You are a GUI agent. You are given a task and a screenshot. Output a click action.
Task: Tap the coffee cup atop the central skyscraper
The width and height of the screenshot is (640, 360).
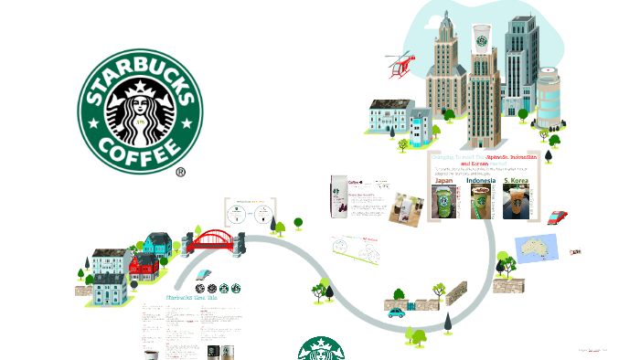[481, 39]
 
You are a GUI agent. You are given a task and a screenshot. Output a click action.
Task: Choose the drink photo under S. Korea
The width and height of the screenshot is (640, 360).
[517, 203]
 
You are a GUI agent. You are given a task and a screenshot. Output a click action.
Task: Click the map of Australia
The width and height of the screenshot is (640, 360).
[538, 247]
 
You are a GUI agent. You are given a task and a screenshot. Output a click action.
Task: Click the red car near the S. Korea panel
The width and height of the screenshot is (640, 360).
[556, 217]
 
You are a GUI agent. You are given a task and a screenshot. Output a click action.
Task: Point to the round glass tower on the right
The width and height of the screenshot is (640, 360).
[549, 99]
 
